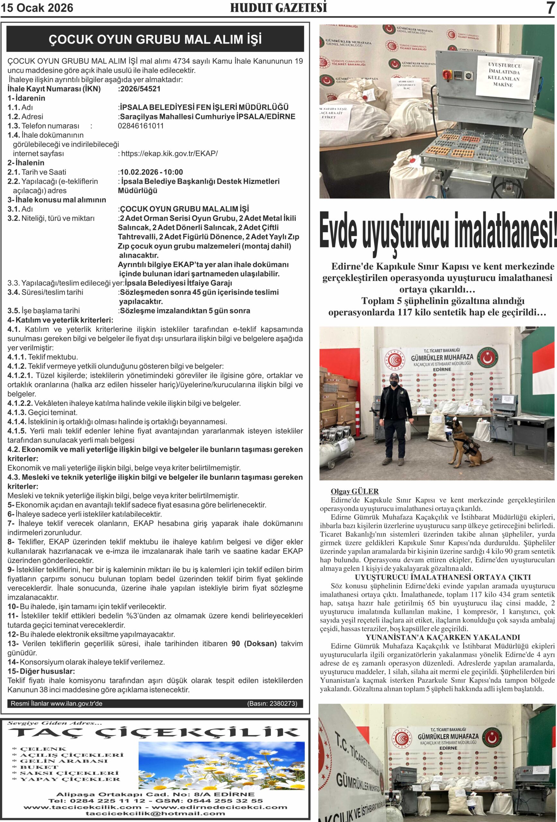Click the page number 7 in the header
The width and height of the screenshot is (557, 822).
coord(550,8)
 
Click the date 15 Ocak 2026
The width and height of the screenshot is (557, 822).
coord(37,8)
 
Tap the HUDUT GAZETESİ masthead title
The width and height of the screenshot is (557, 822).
coord(278,8)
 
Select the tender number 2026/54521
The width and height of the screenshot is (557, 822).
coord(140,89)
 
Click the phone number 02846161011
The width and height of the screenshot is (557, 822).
coord(141,126)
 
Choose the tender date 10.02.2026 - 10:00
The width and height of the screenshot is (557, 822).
coord(152,172)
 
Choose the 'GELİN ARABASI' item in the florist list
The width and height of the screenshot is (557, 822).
coord(64,761)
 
